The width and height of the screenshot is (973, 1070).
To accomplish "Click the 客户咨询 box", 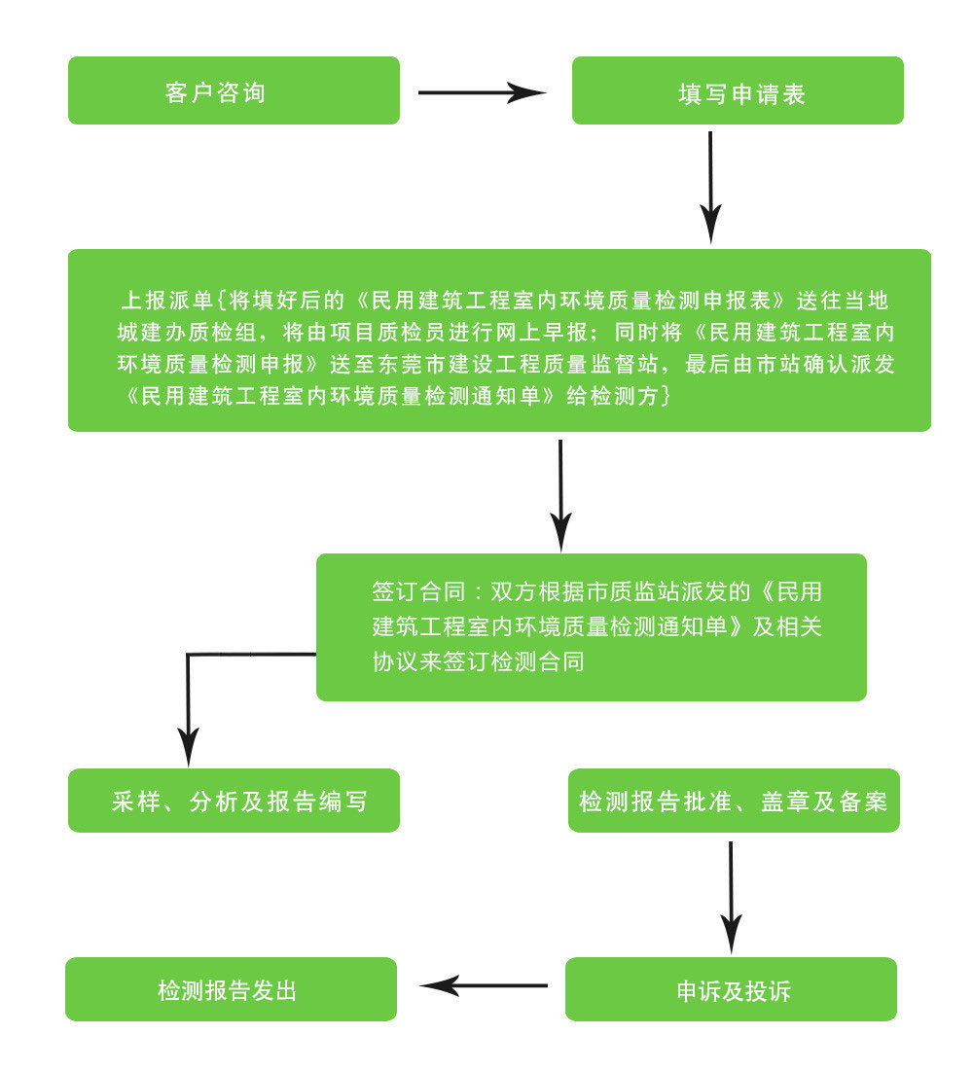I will pyautogui.click(x=234, y=90).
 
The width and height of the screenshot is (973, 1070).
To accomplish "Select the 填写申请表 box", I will pyautogui.click(x=738, y=90).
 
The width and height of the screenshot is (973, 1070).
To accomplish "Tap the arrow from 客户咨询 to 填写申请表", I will pyautogui.click(x=482, y=93).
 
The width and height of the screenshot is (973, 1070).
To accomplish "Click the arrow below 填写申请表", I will pyautogui.click(x=711, y=185).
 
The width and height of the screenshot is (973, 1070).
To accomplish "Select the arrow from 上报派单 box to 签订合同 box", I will pyautogui.click(x=560, y=494).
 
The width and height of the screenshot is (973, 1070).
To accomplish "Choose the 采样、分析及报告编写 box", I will pyautogui.click(x=234, y=801).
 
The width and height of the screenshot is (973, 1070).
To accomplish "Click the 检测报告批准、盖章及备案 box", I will pyautogui.click(x=734, y=801).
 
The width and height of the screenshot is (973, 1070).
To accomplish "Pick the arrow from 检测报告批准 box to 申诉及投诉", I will pyautogui.click(x=731, y=895).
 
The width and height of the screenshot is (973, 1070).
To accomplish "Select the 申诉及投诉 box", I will pyautogui.click(x=731, y=989).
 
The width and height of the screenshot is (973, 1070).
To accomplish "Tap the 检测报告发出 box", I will pyautogui.click(x=231, y=989).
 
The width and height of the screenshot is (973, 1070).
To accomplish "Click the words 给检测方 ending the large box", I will pyautogui.click(x=618, y=397).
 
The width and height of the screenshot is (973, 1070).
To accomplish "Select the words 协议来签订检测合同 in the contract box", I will pyautogui.click(x=478, y=661).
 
